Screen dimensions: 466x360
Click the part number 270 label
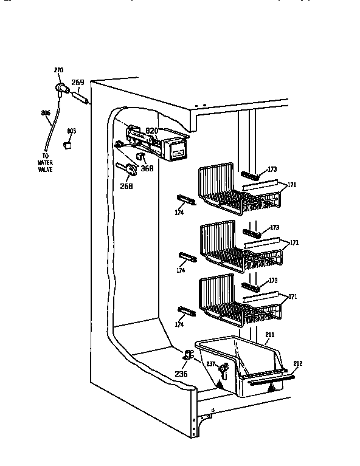(58, 70)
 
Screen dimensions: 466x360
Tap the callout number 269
(78, 83)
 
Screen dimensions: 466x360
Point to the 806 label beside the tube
(45, 112)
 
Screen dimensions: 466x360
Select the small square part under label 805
(69, 145)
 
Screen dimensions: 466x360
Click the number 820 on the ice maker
(151, 130)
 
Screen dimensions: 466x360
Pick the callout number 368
(147, 169)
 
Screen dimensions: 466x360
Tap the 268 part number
(126, 186)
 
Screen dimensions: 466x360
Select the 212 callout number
(297, 363)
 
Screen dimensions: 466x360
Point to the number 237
(211, 364)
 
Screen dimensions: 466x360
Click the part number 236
(181, 373)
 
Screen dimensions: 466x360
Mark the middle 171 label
(294, 242)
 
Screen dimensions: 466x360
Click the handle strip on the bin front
(268, 379)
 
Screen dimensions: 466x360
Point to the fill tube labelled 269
(80, 95)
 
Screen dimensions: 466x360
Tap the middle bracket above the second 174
(187, 255)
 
